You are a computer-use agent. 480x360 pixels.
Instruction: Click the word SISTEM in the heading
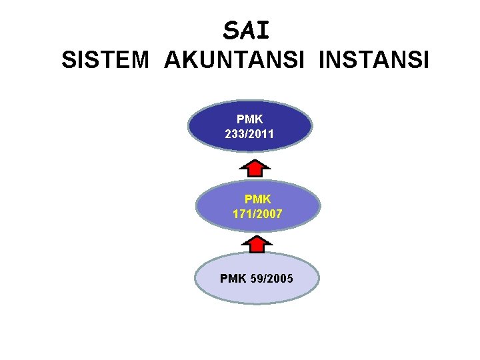tap(105, 61)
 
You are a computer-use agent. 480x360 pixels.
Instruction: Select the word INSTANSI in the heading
tap(375, 61)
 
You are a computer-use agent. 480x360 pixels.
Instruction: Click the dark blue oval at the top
tap(293, 127)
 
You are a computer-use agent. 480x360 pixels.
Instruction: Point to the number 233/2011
tap(249, 134)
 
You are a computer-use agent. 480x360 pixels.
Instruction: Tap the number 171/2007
tap(257, 214)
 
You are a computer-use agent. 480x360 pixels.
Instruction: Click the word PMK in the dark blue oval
tap(249, 119)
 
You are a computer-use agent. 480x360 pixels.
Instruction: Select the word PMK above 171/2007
tap(258, 199)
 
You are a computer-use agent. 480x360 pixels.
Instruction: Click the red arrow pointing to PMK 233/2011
tap(253, 164)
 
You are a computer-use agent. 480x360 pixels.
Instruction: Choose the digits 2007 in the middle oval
tap(269, 214)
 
